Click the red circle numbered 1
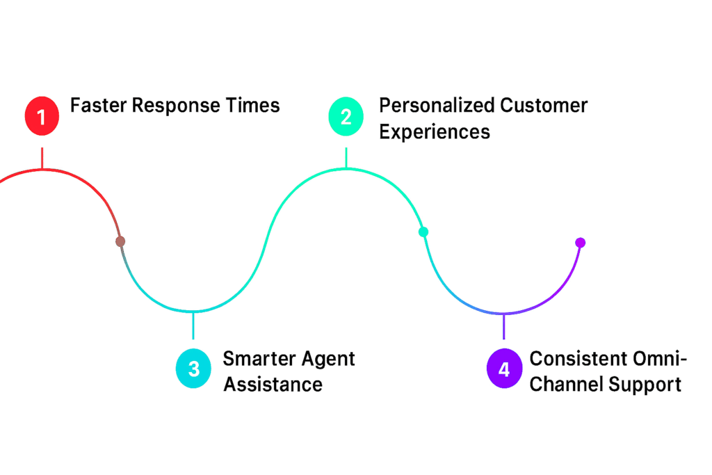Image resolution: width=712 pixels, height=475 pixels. pos(42,116)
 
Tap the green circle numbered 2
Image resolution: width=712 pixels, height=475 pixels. pos(346,116)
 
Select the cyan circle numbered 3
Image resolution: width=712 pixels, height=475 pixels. pos(193,369)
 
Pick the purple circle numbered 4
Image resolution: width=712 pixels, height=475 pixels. pos(504,369)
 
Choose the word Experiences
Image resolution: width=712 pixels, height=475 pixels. pos(435,132)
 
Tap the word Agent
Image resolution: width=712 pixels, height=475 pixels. pos(327,360)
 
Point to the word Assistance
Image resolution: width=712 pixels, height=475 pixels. pos(273,385)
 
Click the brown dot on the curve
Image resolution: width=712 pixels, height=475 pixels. pos(120,241)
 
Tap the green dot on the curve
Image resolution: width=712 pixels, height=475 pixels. pos(423,232)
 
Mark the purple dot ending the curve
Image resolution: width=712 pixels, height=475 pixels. pos(581,243)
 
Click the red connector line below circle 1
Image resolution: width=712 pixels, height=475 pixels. pos(42,158)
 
